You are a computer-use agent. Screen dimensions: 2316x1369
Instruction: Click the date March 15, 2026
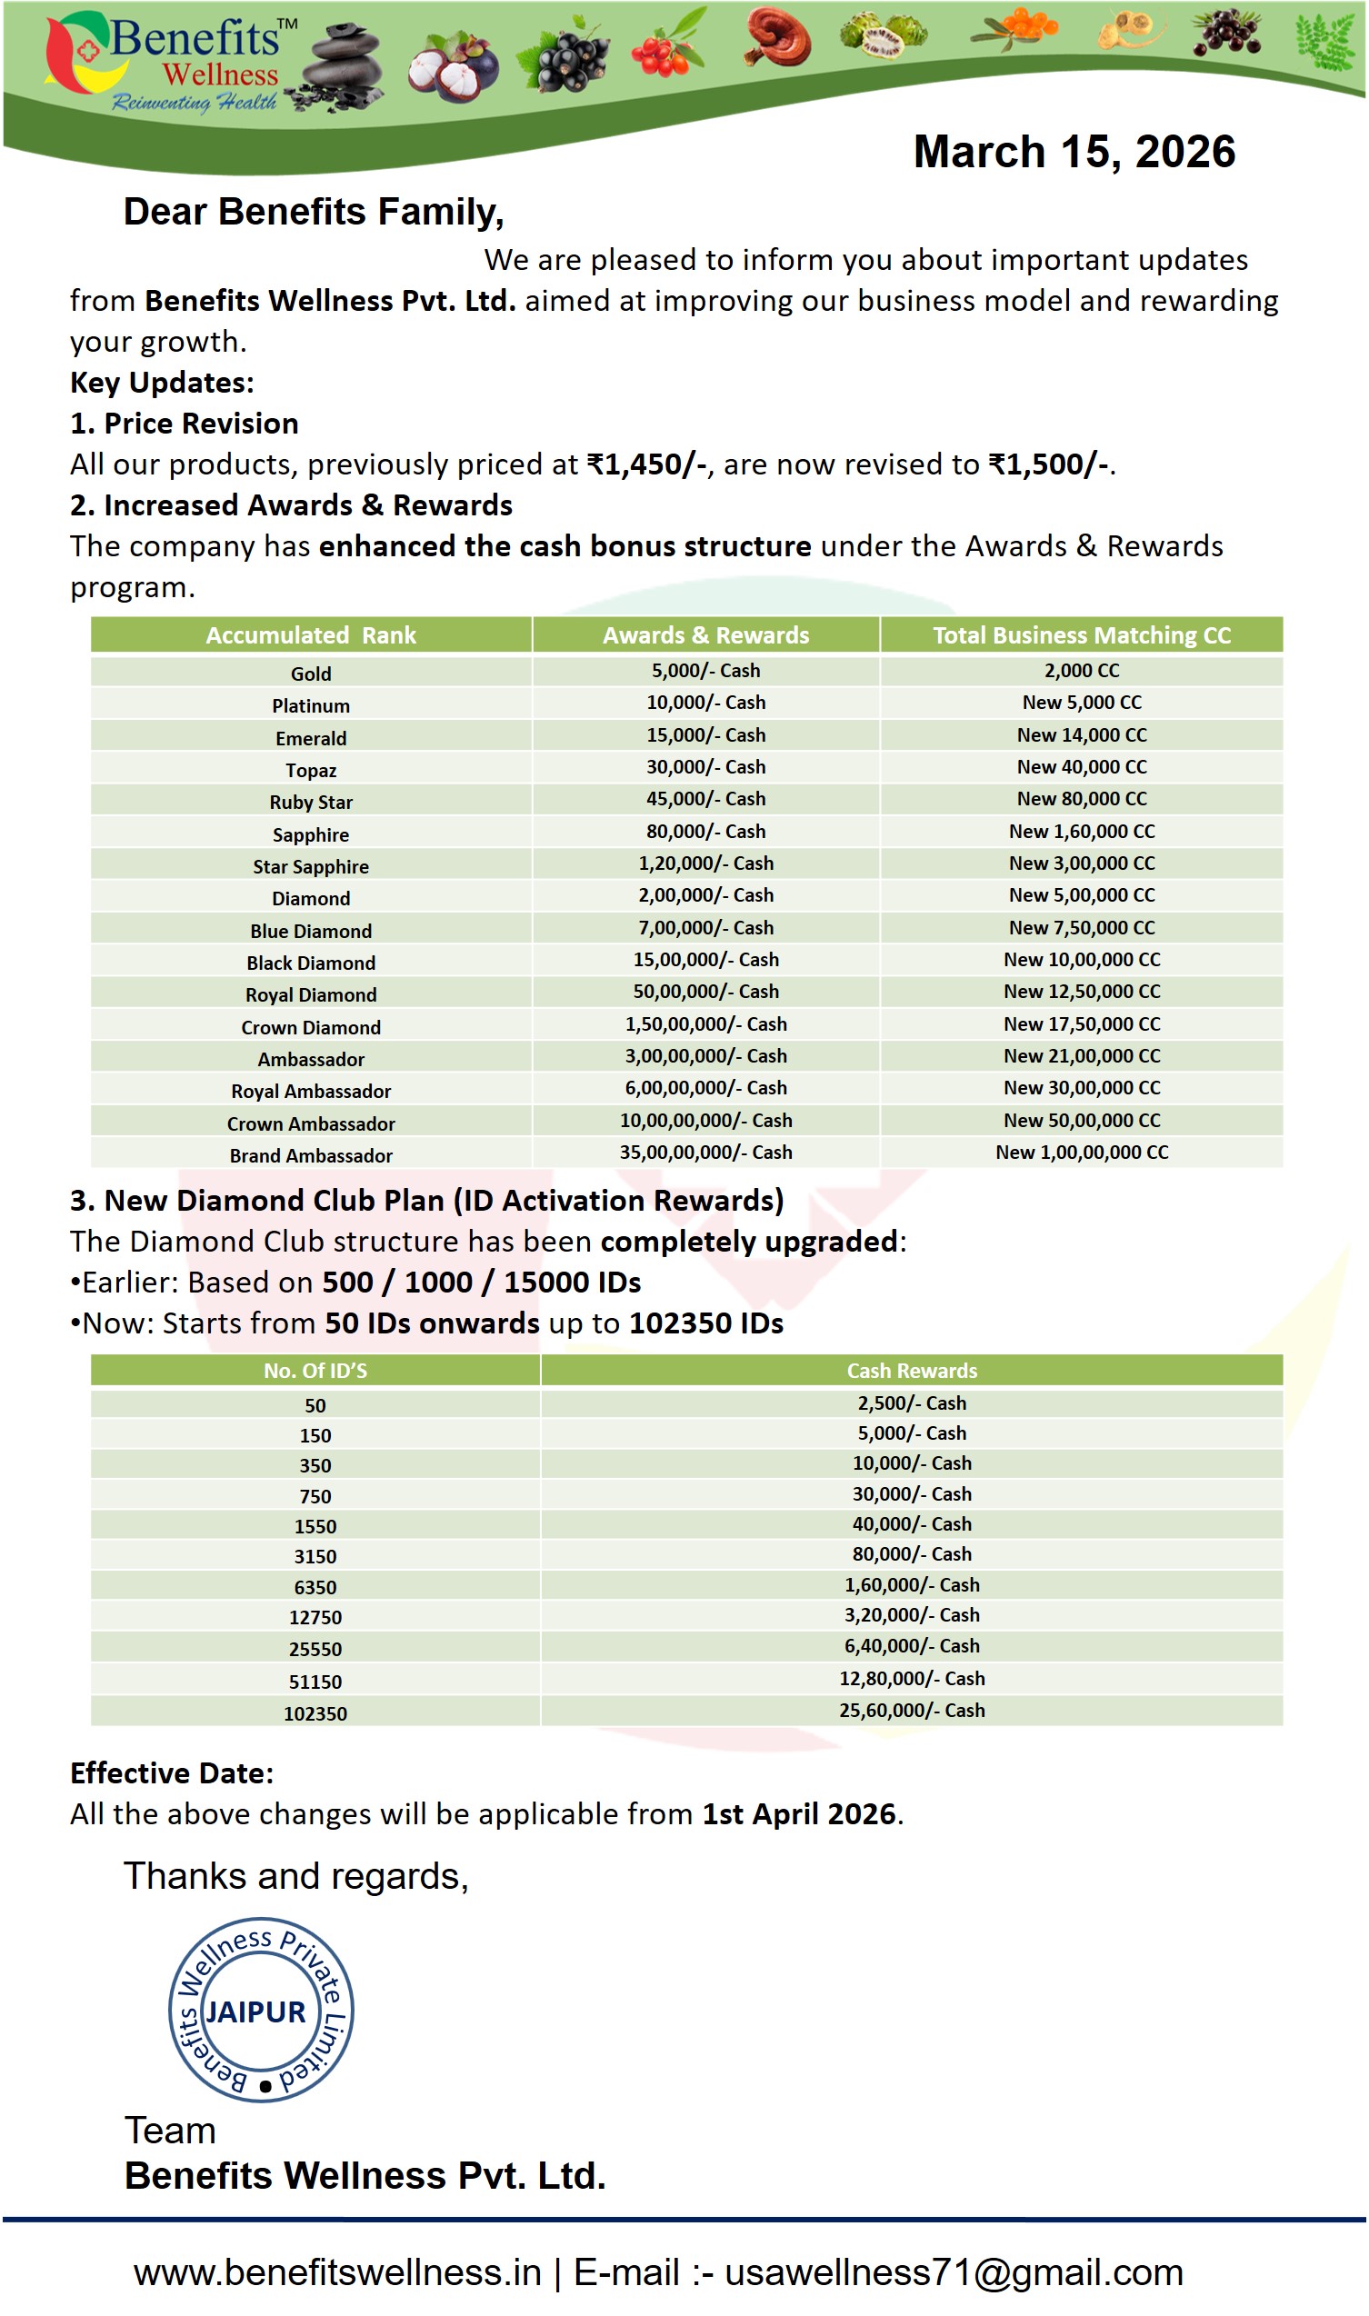[1074, 152]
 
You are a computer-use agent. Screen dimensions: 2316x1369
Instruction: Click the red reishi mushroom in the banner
[780, 37]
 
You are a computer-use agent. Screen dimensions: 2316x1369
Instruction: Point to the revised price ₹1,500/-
[1049, 464]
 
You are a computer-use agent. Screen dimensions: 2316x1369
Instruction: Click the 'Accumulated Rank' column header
[311, 635]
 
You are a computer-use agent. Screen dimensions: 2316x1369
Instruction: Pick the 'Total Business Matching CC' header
[1082, 635]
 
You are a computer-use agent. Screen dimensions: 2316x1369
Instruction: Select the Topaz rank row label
[311, 770]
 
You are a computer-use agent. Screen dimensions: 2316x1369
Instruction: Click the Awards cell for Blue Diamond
[705, 928]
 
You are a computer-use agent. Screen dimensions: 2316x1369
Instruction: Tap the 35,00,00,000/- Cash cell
[705, 1152]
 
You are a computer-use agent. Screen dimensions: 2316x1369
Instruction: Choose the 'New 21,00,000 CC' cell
[1082, 1056]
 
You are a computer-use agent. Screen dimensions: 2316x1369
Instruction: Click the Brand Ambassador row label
[311, 1155]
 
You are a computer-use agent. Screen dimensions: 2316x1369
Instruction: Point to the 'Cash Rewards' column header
[912, 1371]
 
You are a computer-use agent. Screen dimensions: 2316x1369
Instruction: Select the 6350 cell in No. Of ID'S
[315, 1587]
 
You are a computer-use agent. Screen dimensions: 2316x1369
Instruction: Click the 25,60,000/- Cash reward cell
[912, 1710]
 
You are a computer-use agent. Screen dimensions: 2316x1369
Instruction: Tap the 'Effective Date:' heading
[173, 1772]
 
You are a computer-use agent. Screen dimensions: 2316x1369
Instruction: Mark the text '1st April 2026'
[799, 1814]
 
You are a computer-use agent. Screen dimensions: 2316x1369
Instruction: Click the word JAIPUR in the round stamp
[255, 2012]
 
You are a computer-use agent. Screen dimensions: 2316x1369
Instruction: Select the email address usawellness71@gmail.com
[953, 2271]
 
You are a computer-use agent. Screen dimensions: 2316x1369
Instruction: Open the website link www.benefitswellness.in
[337, 2271]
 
